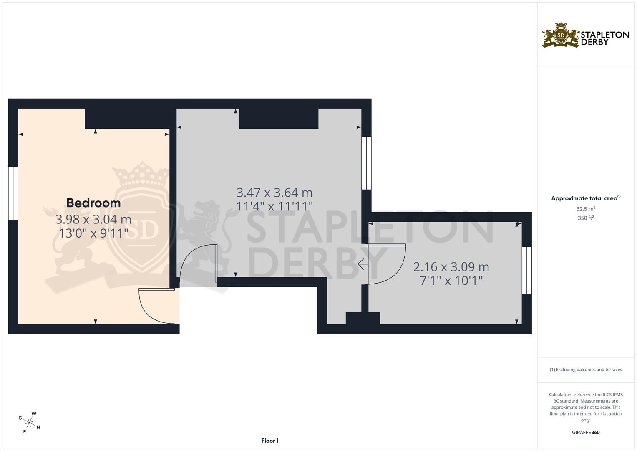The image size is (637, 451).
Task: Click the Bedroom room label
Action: (93, 203)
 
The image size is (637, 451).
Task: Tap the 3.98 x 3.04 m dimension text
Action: (93, 219)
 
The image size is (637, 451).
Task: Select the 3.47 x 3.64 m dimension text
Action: (274, 193)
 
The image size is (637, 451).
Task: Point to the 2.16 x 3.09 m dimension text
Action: (451, 267)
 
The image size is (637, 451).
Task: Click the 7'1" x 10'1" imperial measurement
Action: (451, 281)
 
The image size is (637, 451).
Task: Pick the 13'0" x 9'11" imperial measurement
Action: (93, 233)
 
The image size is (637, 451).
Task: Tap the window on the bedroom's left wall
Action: (13, 193)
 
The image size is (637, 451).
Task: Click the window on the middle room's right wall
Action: (367, 163)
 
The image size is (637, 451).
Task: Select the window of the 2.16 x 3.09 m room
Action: (527, 270)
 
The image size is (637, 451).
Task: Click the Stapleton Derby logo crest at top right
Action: (561, 35)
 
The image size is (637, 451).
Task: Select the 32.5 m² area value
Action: (586, 209)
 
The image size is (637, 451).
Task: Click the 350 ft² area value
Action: (586, 218)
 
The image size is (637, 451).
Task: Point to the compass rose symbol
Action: (29, 423)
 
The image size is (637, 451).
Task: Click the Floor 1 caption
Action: (270, 441)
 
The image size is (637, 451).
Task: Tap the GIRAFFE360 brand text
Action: (586, 432)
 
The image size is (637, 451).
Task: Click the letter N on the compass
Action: (38, 427)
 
